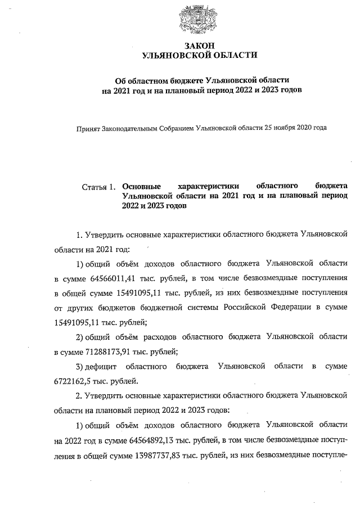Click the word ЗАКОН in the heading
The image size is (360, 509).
coord(200,45)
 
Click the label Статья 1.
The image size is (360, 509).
coord(98,186)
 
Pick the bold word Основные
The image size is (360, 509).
coord(141,186)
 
